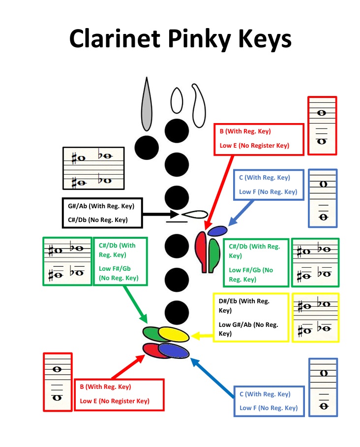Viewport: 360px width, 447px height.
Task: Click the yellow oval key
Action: tap(174, 334)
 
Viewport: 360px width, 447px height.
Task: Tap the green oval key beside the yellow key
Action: tap(154, 334)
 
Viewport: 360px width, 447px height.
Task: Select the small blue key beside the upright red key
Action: tap(217, 230)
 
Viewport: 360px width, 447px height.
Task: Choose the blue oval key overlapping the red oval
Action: tap(174, 350)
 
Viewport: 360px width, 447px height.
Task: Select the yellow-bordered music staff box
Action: tap(315, 318)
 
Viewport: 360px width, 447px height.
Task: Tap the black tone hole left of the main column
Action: tap(147, 147)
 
